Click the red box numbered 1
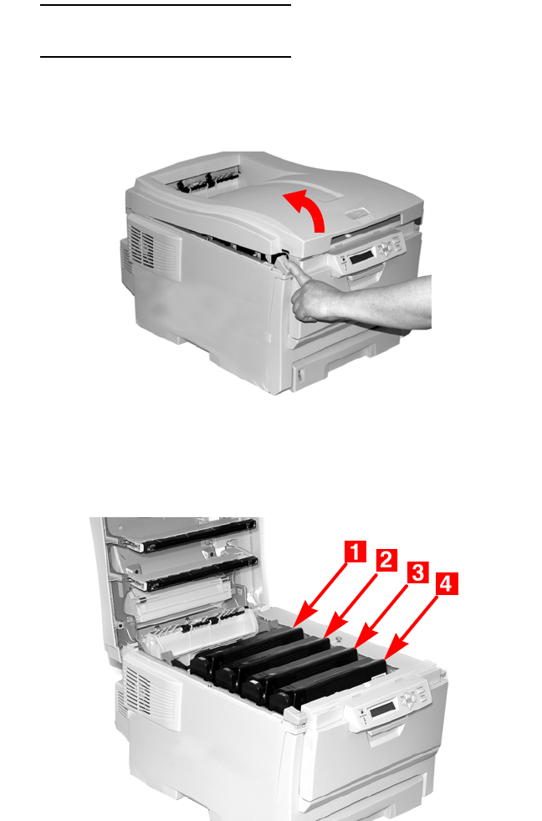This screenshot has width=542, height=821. tap(355, 552)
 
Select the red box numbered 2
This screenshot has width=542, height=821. tap(386, 560)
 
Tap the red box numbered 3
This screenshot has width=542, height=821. tap(418, 572)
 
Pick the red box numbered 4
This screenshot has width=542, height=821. tap(447, 584)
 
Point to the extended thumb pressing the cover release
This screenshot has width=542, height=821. tap(294, 268)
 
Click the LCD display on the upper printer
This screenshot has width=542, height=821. tap(361, 257)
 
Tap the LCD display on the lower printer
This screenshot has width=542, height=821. tap(383, 709)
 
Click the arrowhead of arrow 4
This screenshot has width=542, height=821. tap(392, 649)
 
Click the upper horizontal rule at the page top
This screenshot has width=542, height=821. tap(166, 5)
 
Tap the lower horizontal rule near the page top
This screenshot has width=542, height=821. tap(166, 57)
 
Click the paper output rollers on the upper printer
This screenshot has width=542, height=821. tap(207, 181)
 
